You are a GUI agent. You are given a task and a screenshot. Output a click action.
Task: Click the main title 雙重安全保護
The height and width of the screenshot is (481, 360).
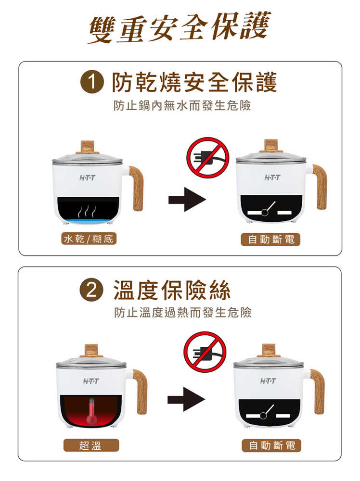tap(180, 27)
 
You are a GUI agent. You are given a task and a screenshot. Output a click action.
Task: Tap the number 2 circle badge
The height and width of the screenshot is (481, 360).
tap(91, 290)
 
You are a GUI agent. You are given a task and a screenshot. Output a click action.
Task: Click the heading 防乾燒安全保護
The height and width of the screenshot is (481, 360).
tap(194, 82)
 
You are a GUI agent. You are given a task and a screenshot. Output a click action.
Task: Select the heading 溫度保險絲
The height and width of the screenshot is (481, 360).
tap(172, 290)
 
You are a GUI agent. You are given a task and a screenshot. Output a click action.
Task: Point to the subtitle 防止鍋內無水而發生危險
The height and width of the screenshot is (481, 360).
tap(182, 105)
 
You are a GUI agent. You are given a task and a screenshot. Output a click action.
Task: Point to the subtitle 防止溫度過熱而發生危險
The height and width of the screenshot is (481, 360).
tap(182, 313)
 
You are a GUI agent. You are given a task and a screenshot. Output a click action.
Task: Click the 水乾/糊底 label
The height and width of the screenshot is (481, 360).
tap(89, 239)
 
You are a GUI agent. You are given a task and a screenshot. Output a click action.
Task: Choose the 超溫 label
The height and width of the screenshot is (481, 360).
tap(91, 445)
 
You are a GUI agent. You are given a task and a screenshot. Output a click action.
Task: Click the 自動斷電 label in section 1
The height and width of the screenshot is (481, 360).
tap(270, 239)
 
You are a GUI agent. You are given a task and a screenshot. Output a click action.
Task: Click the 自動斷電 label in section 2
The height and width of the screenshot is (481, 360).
tap(271, 445)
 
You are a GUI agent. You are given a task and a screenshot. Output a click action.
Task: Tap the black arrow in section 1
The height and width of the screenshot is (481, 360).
tap(187, 200)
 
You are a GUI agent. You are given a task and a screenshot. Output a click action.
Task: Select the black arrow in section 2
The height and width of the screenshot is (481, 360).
tap(186, 399)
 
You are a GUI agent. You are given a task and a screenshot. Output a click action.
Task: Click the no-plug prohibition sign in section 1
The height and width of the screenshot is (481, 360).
tap(208, 158)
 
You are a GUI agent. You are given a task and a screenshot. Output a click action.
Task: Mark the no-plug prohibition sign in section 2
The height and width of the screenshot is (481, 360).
tap(205, 352)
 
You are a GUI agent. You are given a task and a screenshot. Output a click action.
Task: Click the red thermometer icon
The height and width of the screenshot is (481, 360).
tap(91, 412)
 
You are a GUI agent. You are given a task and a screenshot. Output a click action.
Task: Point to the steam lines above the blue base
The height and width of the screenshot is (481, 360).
tap(87, 211)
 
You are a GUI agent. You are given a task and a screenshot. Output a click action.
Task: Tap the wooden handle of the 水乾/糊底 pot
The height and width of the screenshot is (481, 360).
tap(136, 188)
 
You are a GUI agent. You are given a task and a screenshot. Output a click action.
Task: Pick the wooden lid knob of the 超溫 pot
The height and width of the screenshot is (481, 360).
tap(91, 351)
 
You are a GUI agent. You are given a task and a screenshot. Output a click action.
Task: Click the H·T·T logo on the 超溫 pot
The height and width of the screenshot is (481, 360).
tap(91, 381)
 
